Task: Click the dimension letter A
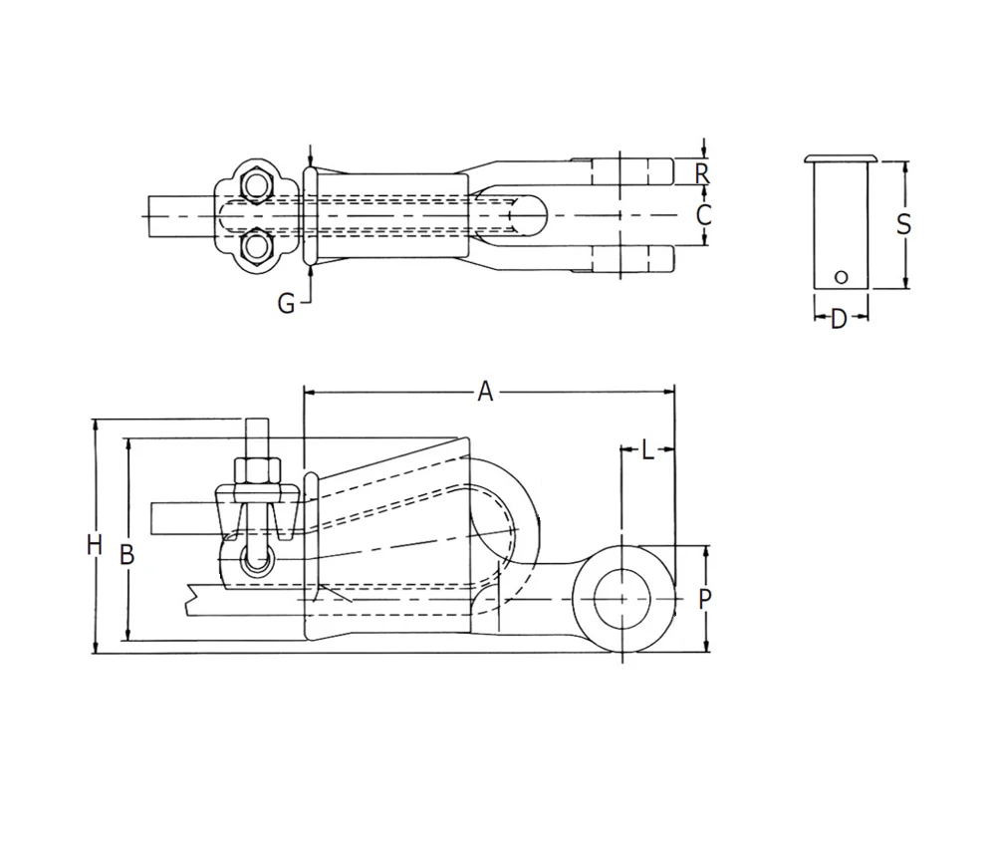click(485, 392)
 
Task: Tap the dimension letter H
click(95, 545)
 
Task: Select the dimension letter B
click(127, 554)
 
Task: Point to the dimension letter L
click(647, 450)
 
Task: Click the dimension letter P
click(704, 599)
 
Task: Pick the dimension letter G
click(287, 304)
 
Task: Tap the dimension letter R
click(701, 172)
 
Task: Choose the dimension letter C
click(703, 215)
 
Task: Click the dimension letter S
click(903, 224)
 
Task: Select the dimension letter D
click(839, 319)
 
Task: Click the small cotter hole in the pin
click(841, 277)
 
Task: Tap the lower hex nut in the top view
click(256, 245)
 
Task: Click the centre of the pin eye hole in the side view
click(622, 599)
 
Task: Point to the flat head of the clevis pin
click(841, 158)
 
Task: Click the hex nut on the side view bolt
click(257, 471)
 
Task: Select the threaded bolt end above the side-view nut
click(257, 437)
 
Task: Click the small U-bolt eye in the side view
click(257, 562)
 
